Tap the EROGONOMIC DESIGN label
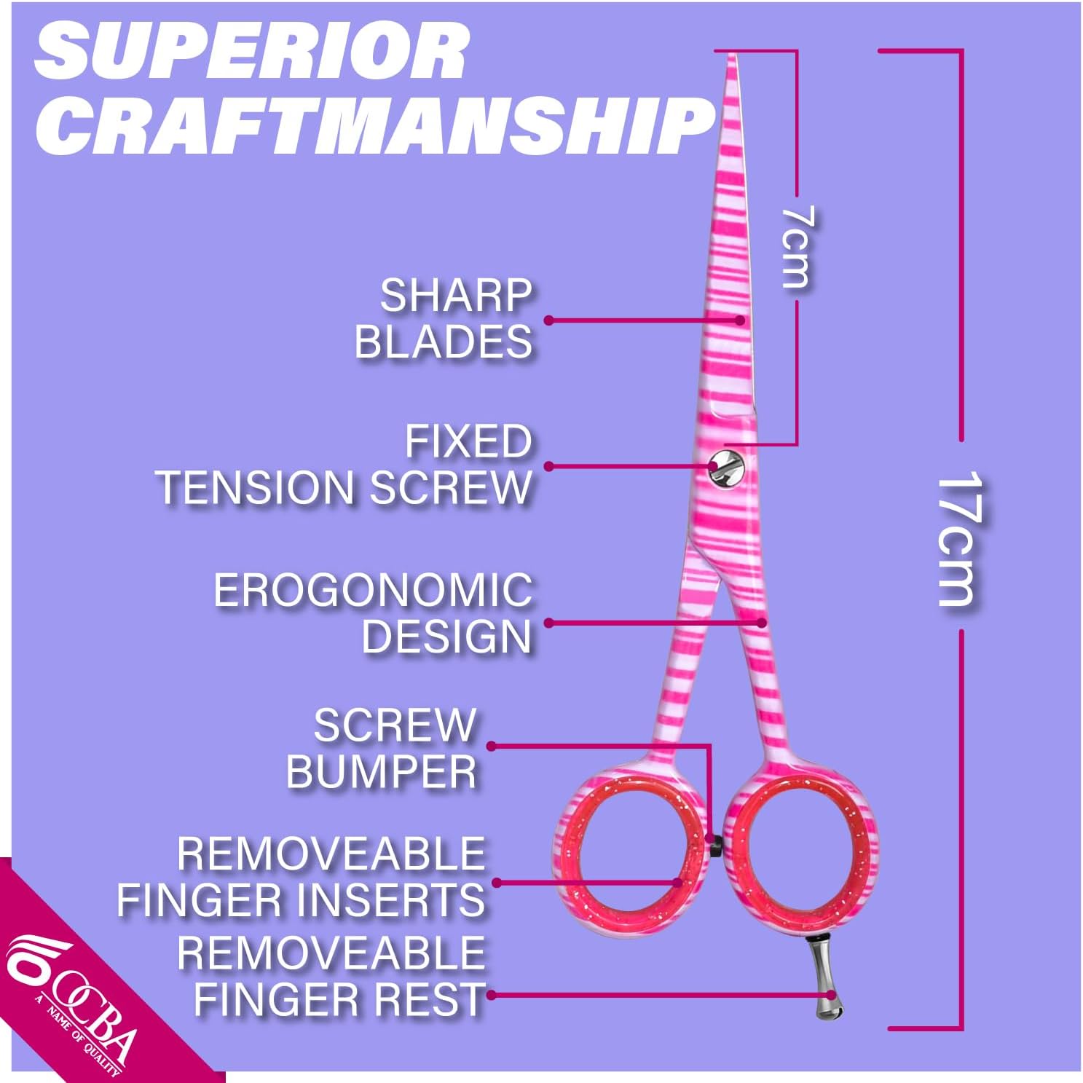coord(374,613)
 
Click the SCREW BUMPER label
coord(382,748)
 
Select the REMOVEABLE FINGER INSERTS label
coord(302,877)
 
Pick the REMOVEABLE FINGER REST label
coord(331,976)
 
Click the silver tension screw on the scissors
coord(725,467)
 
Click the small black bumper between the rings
coord(716,845)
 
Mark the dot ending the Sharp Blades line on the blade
coord(739,320)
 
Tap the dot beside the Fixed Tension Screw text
coord(548,466)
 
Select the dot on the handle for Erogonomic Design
coord(762,623)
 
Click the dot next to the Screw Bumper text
coord(492,746)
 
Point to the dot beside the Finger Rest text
coord(492,995)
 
